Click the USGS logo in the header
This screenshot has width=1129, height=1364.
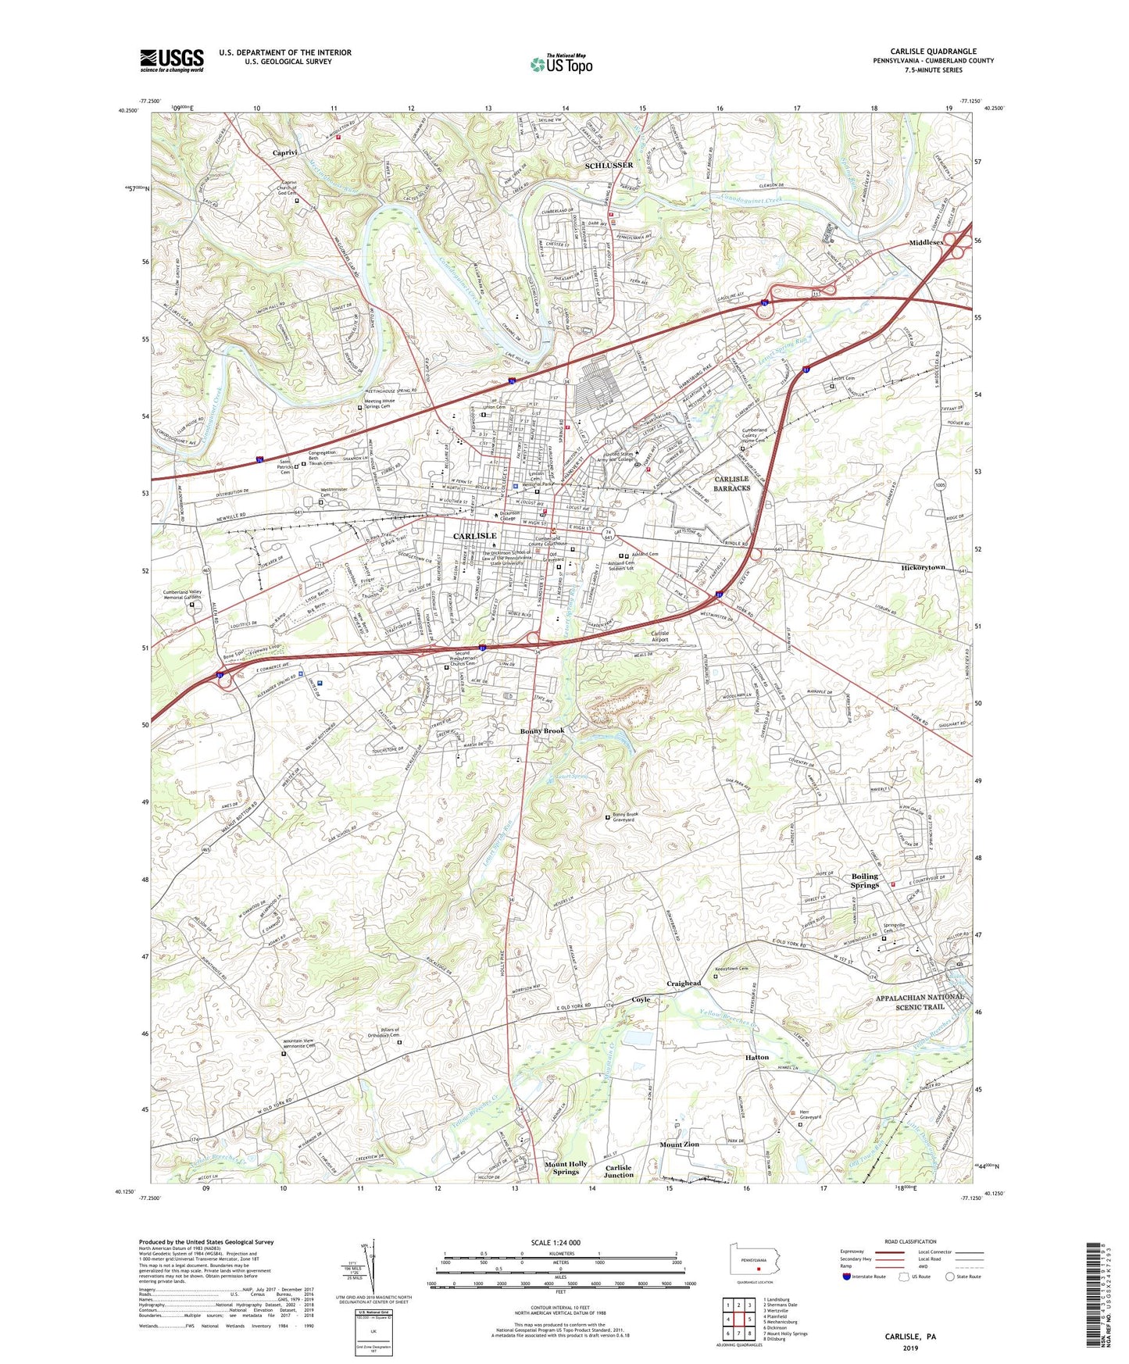point(172,60)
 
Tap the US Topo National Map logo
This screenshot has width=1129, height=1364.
point(560,64)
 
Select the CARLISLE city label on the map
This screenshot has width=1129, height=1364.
point(475,536)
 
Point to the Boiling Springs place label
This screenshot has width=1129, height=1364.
point(865,880)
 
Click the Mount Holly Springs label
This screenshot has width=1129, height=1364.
point(566,1168)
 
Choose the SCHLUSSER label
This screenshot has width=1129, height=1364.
point(609,166)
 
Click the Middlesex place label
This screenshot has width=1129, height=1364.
point(927,243)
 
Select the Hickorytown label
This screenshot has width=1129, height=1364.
point(924,568)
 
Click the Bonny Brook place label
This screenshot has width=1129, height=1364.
point(542,731)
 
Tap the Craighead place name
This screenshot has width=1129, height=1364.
point(684,984)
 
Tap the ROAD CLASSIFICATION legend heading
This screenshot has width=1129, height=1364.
point(910,1241)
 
